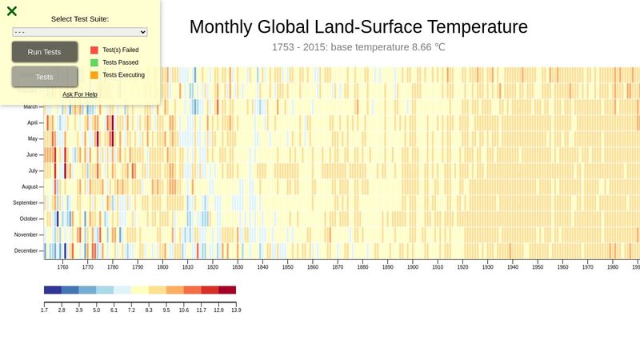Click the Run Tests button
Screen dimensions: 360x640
click(x=45, y=52)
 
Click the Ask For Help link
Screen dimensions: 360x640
click(x=80, y=94)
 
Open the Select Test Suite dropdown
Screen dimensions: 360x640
click(x=80, y=32)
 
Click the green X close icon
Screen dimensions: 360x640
click(x=12, y=11)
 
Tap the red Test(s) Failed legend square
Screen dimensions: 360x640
click(x=94, y=50)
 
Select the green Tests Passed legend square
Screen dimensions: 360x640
click(x=94, y=62)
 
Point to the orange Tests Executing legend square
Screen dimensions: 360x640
click(x=94, y=75)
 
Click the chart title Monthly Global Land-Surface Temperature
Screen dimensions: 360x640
click(x=358, y=26)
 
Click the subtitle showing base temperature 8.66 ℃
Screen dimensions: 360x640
click(x=358, y=47)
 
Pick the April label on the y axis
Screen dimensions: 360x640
click(x=33, y=123)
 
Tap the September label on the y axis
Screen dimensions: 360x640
click(x=26, y=203)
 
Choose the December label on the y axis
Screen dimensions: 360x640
click(x=26, y=251)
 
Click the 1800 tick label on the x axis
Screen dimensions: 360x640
click(x=162, y=267)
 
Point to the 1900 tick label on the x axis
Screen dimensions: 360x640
click(x=413, y=267)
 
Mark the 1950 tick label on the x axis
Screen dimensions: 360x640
click(x=538, y=267)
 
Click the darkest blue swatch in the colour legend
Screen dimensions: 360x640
click(x=53, y=290)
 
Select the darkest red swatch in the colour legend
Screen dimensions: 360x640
click(x=227, y=290)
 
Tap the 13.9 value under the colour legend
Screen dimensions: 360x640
click(x=236, y=309)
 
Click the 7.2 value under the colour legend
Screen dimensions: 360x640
click(x=131, y=309)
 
